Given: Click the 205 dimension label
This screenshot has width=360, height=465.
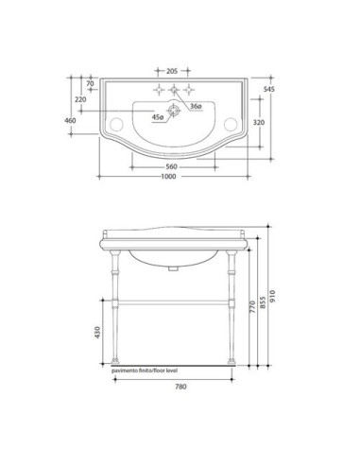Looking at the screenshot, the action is [x=172, y=71].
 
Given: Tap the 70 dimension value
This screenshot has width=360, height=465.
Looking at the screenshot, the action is [x=90, y=84].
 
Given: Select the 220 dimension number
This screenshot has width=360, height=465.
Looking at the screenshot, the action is [x=80, y=99].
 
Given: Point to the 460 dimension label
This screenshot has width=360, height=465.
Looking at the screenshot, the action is [x=70, y=121].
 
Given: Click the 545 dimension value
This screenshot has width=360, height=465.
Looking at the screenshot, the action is [x=269, y=89].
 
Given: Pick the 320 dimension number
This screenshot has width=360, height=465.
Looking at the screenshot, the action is [x=259, y=123].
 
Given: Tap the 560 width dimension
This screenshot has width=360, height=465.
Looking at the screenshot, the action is [x=171, y=166].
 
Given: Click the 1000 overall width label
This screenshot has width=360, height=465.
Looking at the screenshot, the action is [x=168, y=177].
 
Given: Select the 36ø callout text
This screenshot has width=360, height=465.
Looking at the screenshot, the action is [x=196, y=107].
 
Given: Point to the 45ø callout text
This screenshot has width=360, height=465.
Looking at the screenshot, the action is [x=158, y=117].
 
